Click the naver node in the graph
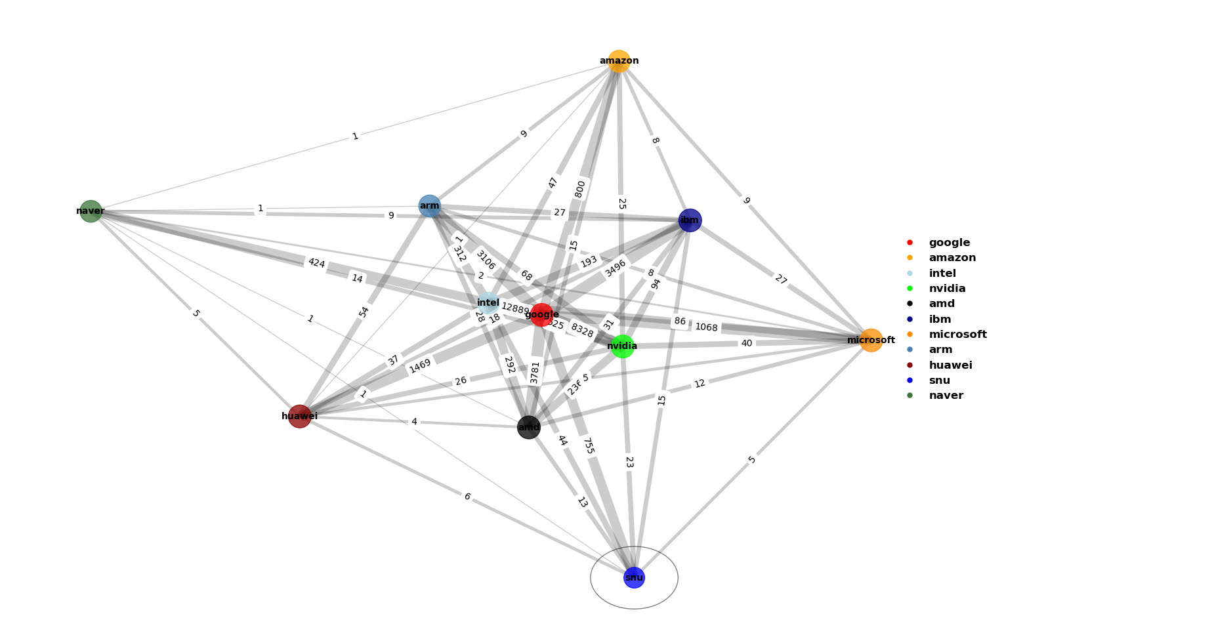(x=91, y=211)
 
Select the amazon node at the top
(x=619, y=61)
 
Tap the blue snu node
(x=634, y=577)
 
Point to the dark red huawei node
(x=300, y=416)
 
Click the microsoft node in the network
(x=871, y=340)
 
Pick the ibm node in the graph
(x=690, y=220)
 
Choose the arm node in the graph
(x=430, y=206)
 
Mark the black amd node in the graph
(x=529, y=428)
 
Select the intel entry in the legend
(x=942, y=274)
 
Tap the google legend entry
(x=949, y=243)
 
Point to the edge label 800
(x=580, y=189)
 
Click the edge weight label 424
(x=316, y=263)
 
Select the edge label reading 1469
(x=420, y=366)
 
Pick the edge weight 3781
(x=535, y=372)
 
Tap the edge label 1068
(x=706, y=327)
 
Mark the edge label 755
(x=588, y=446)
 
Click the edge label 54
(x=364, y=312)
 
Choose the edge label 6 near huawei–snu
(x=467, y=497)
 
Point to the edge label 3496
(x=616, y=268)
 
